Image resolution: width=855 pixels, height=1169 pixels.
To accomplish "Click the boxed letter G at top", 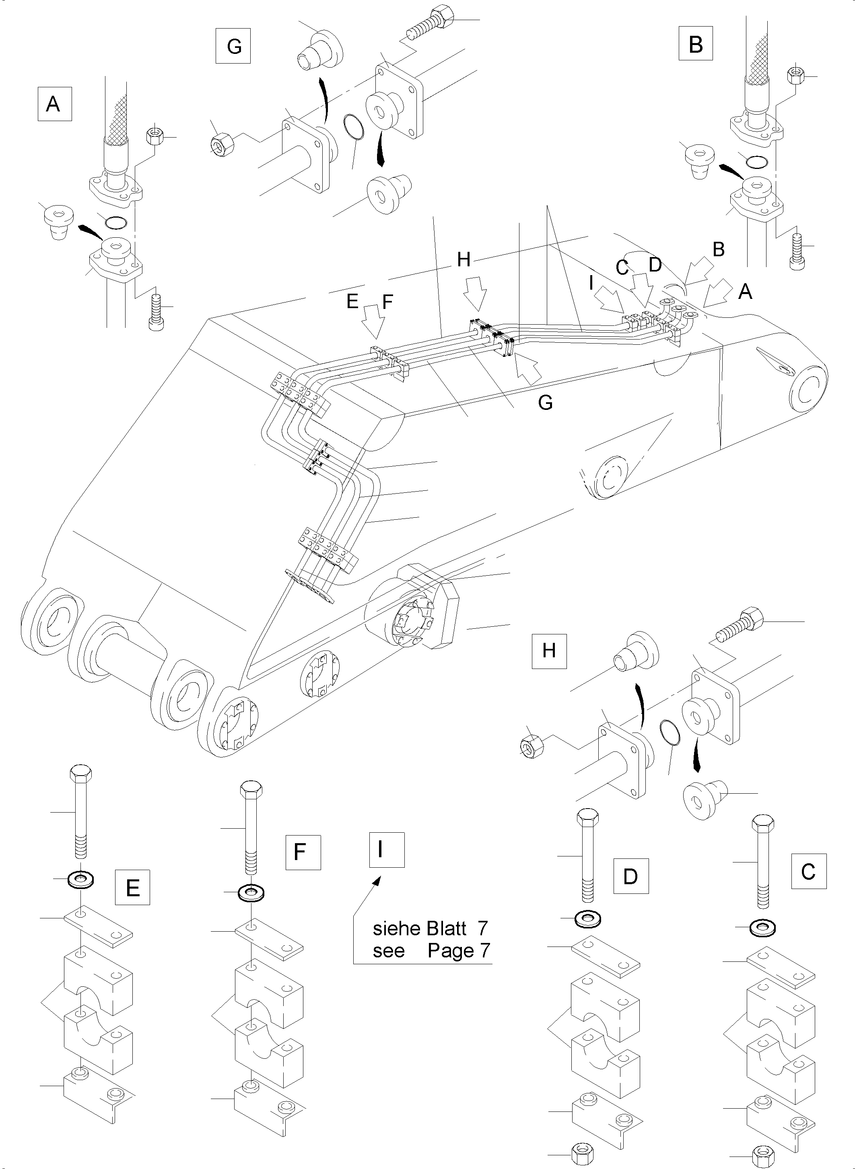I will pyautogui.click(x=233, y=47).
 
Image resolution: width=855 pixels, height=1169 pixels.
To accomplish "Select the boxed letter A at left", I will pyautogui.click(x=54, y=104).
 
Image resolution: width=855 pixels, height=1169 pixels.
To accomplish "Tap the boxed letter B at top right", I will pyautogui.click(x=696, y=44).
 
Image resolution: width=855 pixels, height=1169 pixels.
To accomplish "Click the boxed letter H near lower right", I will pyautogui.click(x=549, y=650).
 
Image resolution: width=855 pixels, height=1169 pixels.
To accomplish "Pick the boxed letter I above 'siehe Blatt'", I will pyautogui.click(x=386, y=850).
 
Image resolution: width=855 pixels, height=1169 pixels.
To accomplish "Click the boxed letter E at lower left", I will pyautogui.click(x=132, y=887).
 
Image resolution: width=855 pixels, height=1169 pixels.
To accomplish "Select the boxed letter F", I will pyautogui.click(x=303, y=852).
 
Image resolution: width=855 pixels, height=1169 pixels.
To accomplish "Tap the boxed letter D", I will pyautogui.click(x=630, y=876).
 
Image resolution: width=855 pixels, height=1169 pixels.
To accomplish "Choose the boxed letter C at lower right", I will pyautogui.click(x=808, y=871).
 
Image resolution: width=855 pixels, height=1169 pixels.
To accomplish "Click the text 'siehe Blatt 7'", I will pyautogui.click(x=430, y=928).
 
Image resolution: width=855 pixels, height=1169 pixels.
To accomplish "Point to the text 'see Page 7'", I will pyautogui.click(x=431, y=951).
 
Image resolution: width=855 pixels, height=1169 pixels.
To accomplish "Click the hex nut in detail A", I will pyautogui.click(x=155, y=136).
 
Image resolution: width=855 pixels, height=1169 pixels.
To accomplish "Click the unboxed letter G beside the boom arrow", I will pyautogui.click(x=546, y=402).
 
